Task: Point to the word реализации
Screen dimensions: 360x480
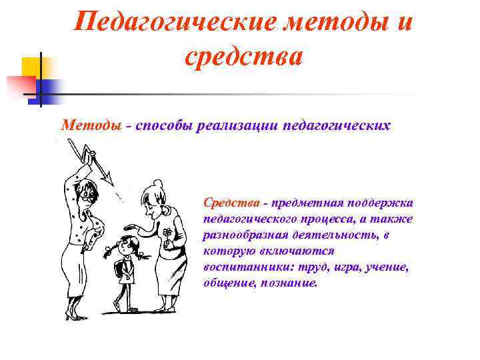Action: click(239, 125)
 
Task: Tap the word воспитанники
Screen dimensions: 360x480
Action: click(243, 267)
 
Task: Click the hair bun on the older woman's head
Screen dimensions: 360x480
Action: click(157, 183)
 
